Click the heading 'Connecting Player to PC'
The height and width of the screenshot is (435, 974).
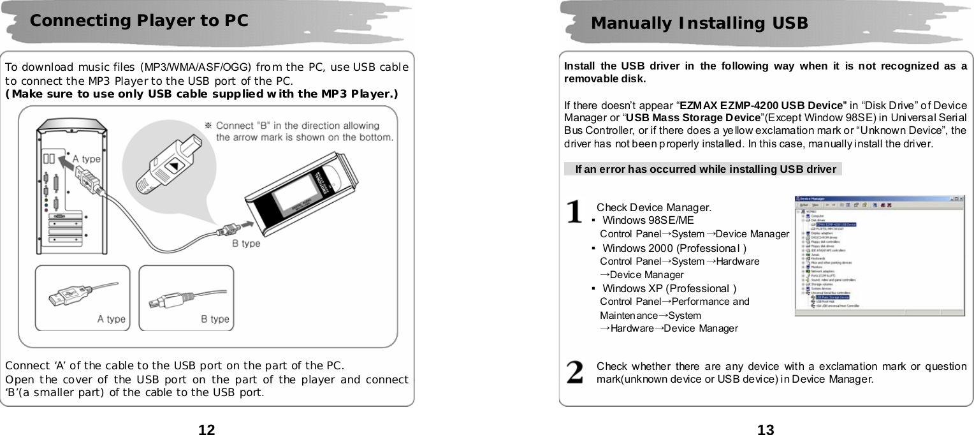tap(139, 20)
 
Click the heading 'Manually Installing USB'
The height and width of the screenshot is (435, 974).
tap(699, 24)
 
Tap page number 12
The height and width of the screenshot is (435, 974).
tap(207, 429)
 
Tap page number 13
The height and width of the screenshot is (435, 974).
tap(766, 429)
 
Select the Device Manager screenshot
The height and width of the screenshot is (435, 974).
tap(880, 255)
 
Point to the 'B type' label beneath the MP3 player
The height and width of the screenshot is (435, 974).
tap(245, 243)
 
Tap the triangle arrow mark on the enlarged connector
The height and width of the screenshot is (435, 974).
tap(173, 168)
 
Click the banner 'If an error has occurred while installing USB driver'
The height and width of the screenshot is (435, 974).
tap(705, 169)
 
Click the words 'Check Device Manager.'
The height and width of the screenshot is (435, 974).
tap(653, 207)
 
